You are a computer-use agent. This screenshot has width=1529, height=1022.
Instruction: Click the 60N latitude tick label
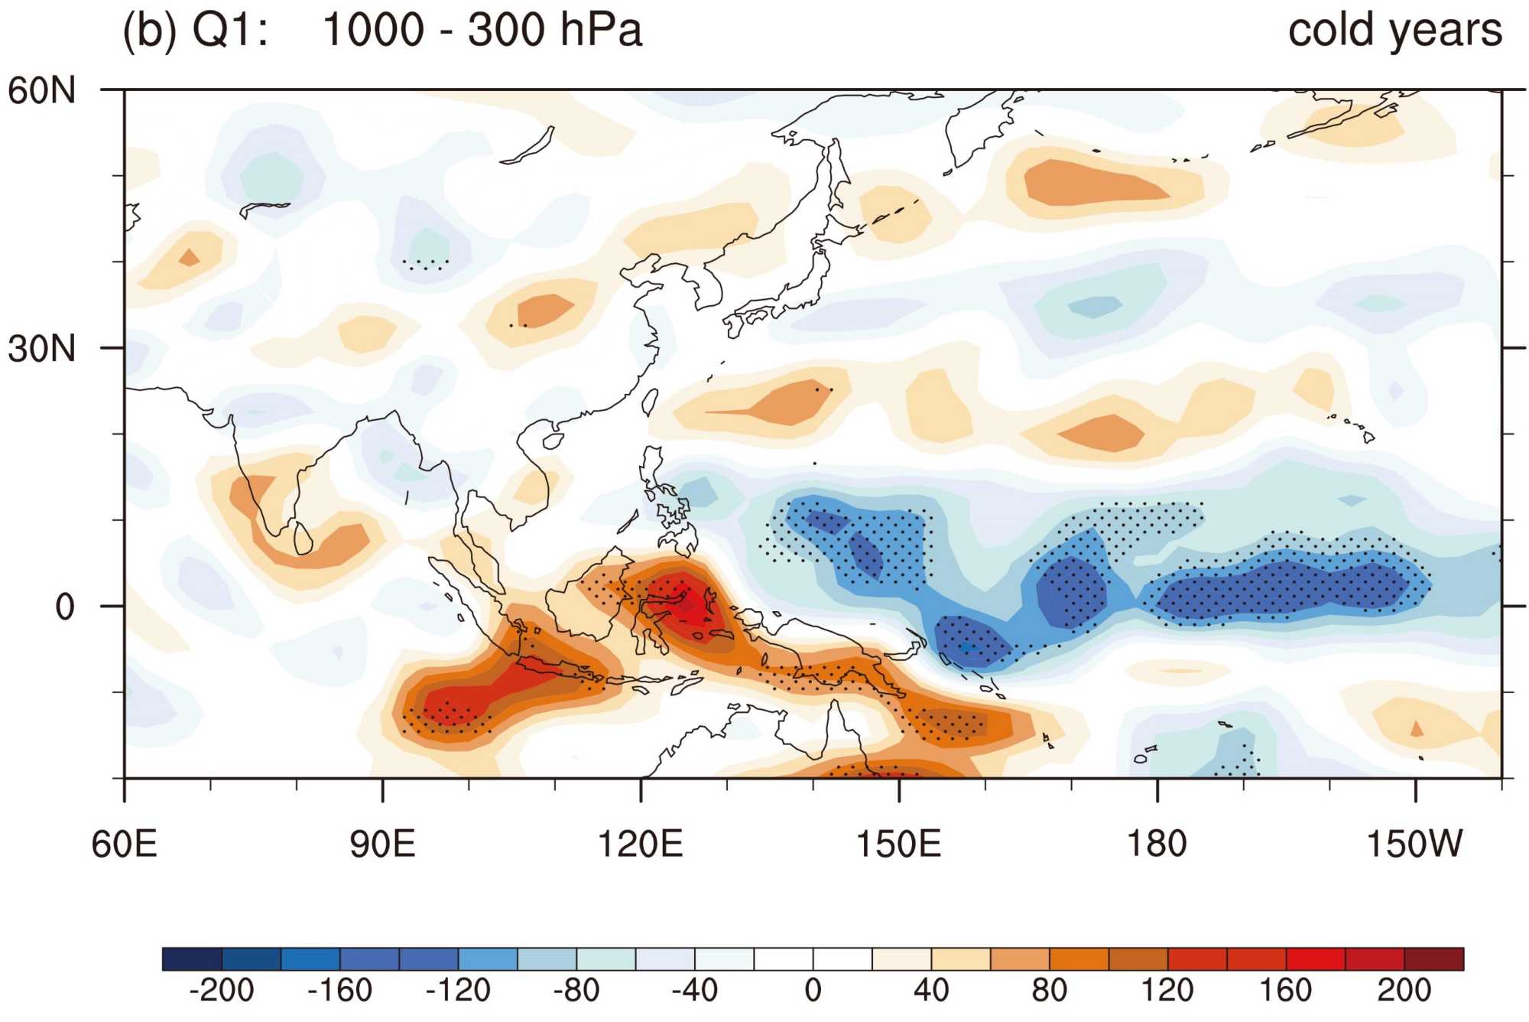point(42,91)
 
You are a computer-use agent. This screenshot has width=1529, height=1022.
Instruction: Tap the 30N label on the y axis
point(42,349)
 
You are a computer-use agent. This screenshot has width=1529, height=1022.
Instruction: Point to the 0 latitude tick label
point(65,607)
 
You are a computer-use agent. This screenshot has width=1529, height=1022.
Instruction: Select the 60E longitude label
point(124,845)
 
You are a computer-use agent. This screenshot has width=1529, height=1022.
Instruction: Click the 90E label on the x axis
point(382,845)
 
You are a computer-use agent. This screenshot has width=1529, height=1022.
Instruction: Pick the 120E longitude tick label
point(640,845)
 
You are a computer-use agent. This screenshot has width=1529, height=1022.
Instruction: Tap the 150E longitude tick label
point(898,845)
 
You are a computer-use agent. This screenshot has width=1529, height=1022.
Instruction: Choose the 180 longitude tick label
point(1157,845)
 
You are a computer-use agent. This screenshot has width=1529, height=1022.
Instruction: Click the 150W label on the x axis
point(1414,845)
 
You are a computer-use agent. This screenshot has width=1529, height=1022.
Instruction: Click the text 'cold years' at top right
point(1395,31)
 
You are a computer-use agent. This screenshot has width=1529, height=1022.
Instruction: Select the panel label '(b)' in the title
point(150,31)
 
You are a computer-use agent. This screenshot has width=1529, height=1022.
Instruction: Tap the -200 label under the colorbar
point(221,991)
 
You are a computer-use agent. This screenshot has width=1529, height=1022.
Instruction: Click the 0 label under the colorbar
point(813,991)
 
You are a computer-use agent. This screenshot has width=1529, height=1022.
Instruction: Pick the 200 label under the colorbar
point(1404,991)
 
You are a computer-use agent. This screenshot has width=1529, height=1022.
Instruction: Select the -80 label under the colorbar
point(576,991)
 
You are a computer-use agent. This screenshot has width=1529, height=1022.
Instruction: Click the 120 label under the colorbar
point(1167,991)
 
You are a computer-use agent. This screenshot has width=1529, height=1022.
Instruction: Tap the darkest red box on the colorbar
point(1434,959)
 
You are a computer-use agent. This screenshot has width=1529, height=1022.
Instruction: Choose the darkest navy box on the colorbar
point(192,959)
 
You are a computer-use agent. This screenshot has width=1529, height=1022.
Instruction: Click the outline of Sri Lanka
point(304,538)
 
